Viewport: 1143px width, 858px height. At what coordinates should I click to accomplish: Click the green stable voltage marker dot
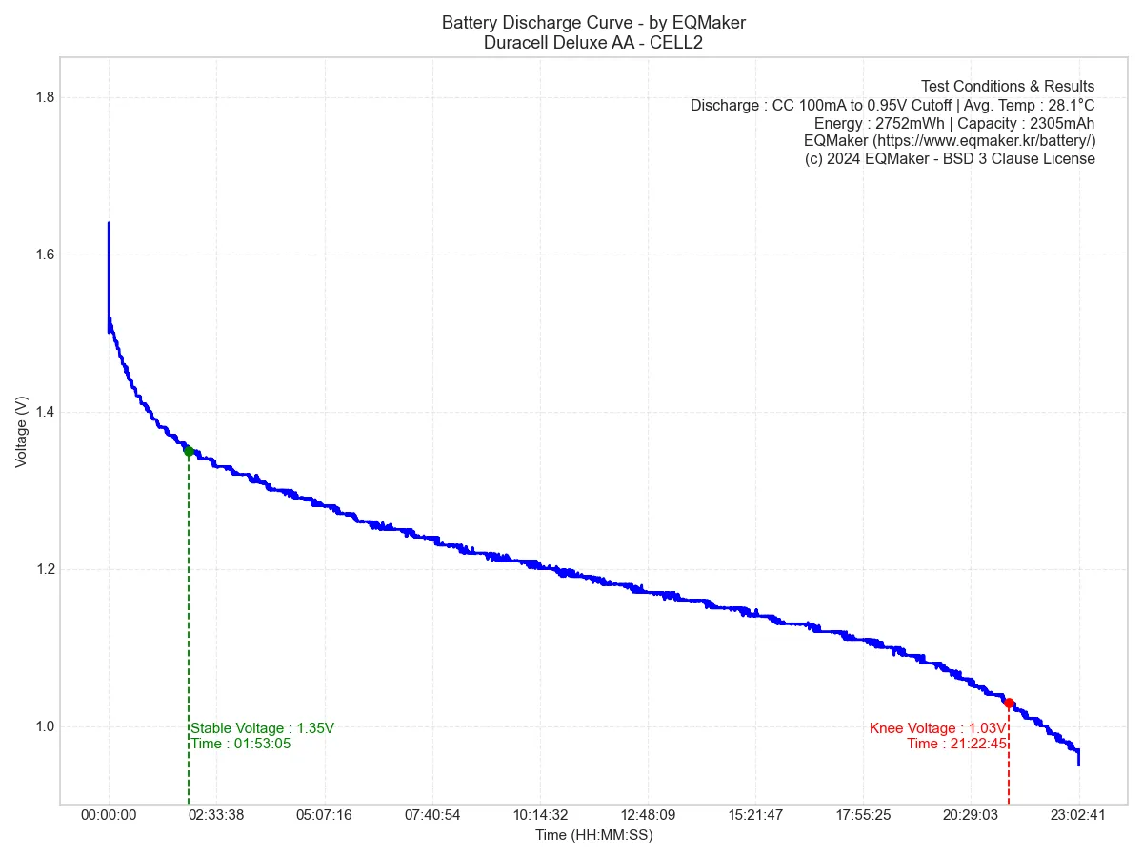tap(189, 451)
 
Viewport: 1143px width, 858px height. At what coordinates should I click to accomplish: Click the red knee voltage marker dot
tap(1009, 704)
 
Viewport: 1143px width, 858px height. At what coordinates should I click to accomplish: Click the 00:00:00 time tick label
tap(109, 815)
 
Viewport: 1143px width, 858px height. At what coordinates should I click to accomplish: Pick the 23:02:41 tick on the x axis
tap(1078, 815)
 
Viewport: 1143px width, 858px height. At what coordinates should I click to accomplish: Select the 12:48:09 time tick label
tap(648, 815)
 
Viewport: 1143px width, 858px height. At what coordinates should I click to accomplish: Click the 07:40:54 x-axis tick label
tap(432, 815)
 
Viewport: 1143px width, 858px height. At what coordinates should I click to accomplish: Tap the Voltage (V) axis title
tap(21, 432)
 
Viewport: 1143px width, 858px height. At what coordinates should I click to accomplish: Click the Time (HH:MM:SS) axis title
tap(593, 835)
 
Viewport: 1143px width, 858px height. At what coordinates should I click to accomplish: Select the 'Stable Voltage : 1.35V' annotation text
tap(263, 728)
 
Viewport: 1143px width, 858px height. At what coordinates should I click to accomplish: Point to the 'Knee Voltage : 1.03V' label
tap(937, 728)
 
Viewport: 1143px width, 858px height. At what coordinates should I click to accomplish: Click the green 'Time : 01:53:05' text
tap(241, 744)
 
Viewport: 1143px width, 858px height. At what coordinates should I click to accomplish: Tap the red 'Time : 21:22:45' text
tap(956, 744)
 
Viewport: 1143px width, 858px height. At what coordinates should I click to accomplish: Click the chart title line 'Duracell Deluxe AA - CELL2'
tap(593, 42)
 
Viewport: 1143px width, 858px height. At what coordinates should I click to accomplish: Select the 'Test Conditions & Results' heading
tap(1008, 87)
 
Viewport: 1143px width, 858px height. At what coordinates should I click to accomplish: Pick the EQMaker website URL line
tap(950, 141)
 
